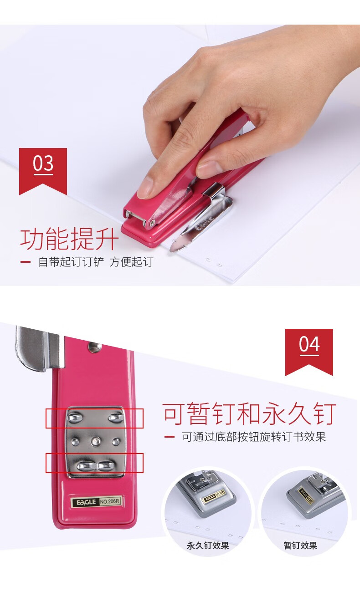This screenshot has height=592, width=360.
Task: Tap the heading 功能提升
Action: pyautogui.click(x=69, y=239)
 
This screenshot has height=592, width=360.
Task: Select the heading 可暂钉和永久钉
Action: pyautogui.click(x=249, y=414)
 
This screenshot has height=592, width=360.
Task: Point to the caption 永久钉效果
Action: pyautogui.click(x=208, y=546)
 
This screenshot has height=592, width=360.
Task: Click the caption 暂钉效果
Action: pyautogui.click(x=300, y=546)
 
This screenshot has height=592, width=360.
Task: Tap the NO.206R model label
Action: pyautogui.click(x=110, y=501)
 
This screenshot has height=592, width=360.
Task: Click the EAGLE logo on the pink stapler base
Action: pyautogui.click(x=86, y=502)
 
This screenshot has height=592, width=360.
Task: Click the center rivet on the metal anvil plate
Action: pyautogui.click(x=96, y=441)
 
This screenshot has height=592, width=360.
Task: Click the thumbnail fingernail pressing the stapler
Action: pyautogui.click(x=145, y=188)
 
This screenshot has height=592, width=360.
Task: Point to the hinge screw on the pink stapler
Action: pyautogui.click(x=152, y=224)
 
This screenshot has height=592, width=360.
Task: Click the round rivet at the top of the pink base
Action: pyautogui.click(x=94, y=347)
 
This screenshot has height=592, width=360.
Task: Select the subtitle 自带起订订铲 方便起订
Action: pyautogui.click(x=96, y=262)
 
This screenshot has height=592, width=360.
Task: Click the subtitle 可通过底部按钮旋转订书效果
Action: pyautogui.click(x=254, y=437)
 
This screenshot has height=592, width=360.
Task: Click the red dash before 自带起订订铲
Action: pyautogui.click(x=26, y=262)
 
